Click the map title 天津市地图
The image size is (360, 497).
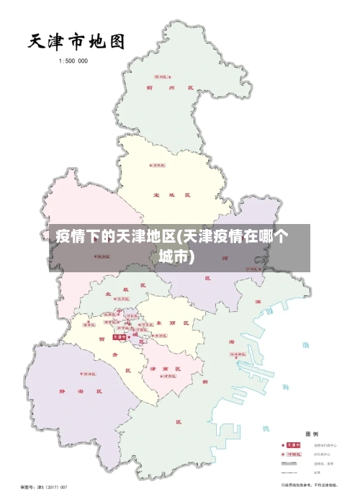[x=76, y=40]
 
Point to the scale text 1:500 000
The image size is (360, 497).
[x=73, y=61]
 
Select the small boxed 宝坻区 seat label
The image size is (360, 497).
[x=157, y=165]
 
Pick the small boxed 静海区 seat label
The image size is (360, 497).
[x=89, y=375]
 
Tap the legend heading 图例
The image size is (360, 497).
[x=312, y=434]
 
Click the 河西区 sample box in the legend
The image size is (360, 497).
[x=294, y=455]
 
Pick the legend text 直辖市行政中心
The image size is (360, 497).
[x=325, y=445]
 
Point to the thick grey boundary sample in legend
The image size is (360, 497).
[x=292, y=464]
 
